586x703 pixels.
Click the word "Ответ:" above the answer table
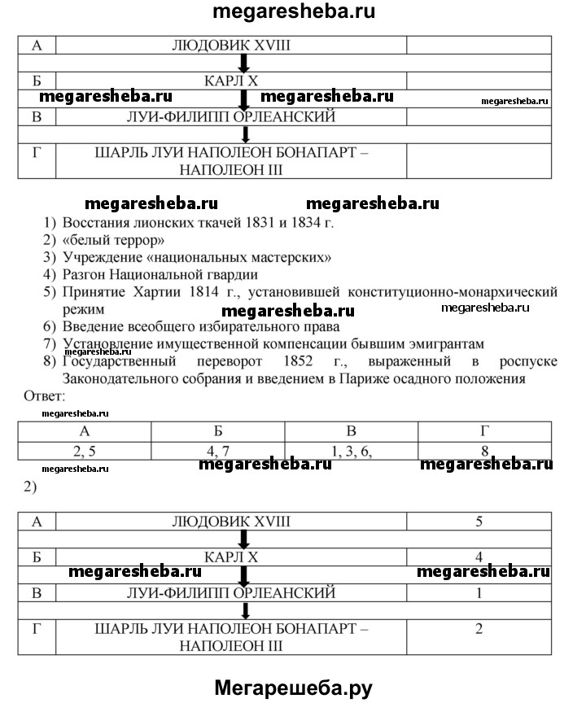coord(47,396)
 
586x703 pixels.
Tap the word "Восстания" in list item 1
coord(96,223)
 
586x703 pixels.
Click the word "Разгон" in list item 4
coord(85,275)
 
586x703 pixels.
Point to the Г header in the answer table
coord(485,432)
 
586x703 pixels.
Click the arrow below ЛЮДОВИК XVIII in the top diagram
coord(243,62)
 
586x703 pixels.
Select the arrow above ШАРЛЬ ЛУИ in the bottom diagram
coord(243,610)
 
